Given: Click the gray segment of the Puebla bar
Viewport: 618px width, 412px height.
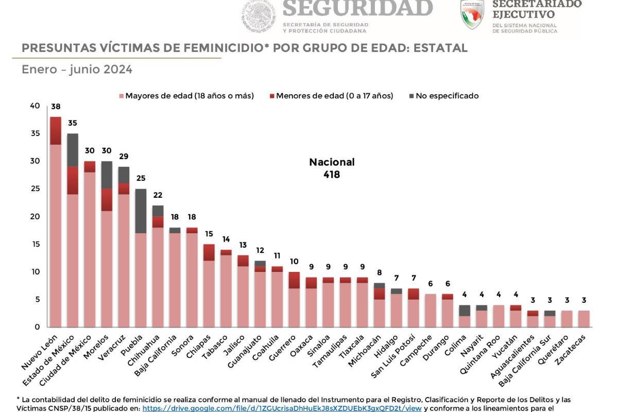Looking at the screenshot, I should coord(141,211).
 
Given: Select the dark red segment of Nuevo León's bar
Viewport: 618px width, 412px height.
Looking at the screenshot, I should coord(56,131).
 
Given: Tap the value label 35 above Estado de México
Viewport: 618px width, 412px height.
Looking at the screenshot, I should coord(73,124).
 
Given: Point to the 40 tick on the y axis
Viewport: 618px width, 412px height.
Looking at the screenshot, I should coord(35,106).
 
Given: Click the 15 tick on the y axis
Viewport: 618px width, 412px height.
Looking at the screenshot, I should coord(35,244).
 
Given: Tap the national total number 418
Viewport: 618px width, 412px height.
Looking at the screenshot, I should coord(332,175).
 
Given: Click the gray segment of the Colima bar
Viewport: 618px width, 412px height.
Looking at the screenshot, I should coord(465,310).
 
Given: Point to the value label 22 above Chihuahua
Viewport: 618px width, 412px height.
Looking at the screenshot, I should coord(158,195).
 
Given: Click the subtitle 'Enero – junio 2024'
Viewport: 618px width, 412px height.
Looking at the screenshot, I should coord(77,70).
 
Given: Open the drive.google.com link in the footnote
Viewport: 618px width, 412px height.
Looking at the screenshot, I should coord(282,408).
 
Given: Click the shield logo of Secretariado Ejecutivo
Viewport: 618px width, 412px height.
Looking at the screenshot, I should coord(472,14).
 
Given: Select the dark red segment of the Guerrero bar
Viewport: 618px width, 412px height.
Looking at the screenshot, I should coord(294,280).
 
